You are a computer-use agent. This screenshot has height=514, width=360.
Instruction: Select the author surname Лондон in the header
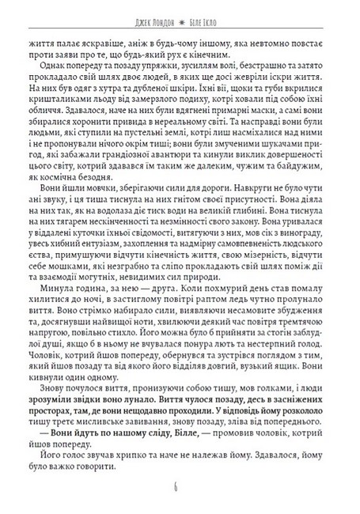[157, 15]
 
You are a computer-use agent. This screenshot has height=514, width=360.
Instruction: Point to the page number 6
[180, 485]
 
